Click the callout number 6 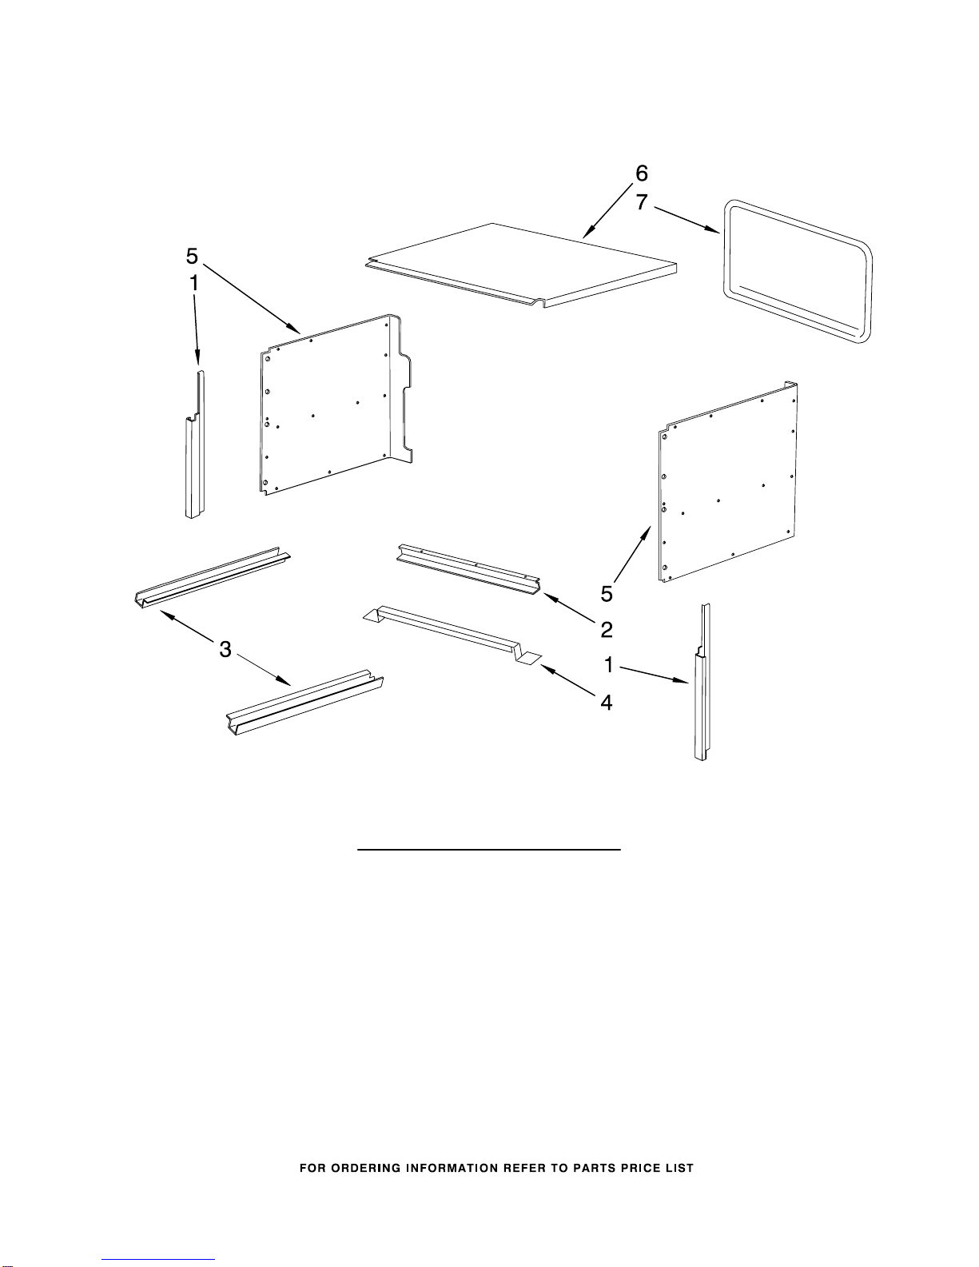click(x=641, y=173)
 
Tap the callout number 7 click(x=641, y=201)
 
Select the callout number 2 click(x=607, y=630)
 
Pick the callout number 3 click(x=225, y=649)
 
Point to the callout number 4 click(x=607, y=703)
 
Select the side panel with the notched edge click(x=335, y=404)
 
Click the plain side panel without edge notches click(x=728, y=481)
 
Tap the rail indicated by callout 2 click(x=468, y=569)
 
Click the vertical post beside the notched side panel click(x=195, y=444)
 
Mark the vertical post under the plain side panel click(x=702, y=682)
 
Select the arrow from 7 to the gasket click(x=686, y=220)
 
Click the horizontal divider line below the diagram click(x=488, y=850)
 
